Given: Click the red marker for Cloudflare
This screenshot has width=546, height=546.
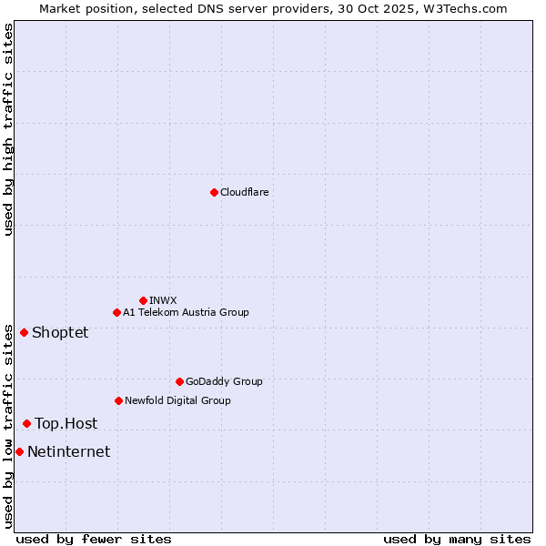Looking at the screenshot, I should (214, 192).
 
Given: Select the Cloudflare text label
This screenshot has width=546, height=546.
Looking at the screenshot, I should (244, 193).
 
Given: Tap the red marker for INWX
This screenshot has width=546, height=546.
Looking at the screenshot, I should (143, 300).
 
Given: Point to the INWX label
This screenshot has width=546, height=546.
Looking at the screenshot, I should (163, 301).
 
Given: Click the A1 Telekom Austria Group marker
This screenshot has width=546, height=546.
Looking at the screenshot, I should (116, 312).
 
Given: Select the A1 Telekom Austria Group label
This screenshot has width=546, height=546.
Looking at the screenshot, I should (186, 313).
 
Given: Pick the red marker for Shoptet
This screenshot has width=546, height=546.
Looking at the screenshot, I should (24, 332).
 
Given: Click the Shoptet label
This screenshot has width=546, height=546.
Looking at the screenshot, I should (60, 333).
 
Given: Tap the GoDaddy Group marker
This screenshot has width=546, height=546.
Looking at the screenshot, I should (179, 381).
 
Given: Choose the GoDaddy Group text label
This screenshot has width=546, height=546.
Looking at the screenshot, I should (224, 382).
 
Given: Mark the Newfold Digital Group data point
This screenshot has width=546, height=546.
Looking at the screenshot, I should (118, 400).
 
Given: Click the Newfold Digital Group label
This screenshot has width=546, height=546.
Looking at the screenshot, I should (177, 401).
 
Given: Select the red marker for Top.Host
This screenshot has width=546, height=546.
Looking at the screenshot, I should (26, 423).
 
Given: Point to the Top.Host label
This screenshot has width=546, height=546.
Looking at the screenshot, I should (66, 424).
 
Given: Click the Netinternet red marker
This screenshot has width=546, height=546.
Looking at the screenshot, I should (19, 451).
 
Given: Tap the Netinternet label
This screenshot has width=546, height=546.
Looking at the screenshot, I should (69, 452).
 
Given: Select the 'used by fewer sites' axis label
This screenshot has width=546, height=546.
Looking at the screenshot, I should (94, 539).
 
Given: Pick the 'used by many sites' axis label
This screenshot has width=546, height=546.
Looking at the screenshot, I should (457, 539).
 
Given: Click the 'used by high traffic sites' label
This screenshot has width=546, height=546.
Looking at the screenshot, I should (8, 129).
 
